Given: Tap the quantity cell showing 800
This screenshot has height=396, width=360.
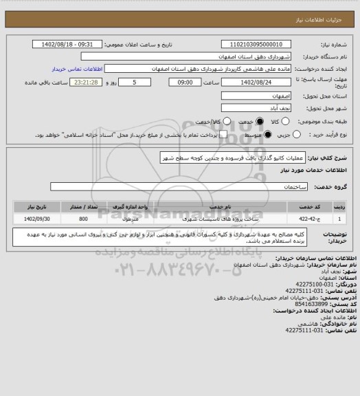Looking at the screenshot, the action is [83, 219].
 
